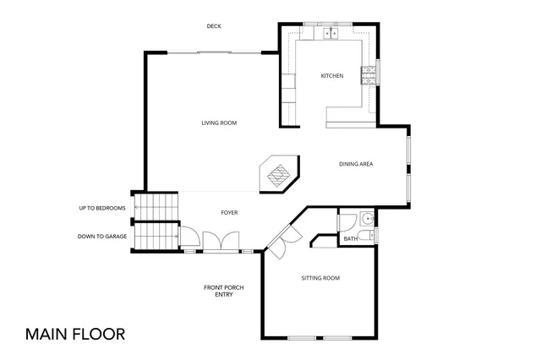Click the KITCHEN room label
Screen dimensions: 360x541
tap(331, 76)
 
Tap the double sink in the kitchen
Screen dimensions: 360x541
tap(329, 34)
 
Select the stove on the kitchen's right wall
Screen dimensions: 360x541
tap(369, 76)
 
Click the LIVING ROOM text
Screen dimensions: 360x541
tap(218, 123)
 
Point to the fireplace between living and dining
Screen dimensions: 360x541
tap(278, 174)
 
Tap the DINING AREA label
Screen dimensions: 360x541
tap(356, 164)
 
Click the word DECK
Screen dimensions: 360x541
tap(214, 26)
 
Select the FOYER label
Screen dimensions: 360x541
tap(229, 213)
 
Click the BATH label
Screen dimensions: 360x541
tap(350, 239)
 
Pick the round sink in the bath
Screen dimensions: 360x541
tap(366, 216)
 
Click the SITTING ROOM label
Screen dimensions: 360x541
tap(320, 278)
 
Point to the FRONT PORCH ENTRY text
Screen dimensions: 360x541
tap(224, 291)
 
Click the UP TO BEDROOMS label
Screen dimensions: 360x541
tap(102, 208)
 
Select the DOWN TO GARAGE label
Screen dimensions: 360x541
tap(102, 236)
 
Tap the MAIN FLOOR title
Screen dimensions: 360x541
tap(75, 333)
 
